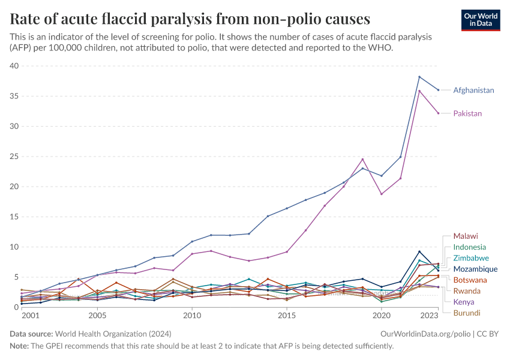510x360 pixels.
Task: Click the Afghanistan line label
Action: tap(473, 91)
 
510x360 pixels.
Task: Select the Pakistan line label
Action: tap(467, 113)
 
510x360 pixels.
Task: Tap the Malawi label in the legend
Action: tap(466, 236)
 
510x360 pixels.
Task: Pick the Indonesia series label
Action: tap(469, 247)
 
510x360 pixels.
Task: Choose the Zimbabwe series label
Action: tap(471, 258)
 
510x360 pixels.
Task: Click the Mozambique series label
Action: tap(475, 269)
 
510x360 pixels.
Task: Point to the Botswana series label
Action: tap(470, 280)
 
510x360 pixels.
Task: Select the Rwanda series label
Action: tap(467, 291)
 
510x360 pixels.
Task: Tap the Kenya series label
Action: tap(464, 302)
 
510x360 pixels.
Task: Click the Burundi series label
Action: tap(467, 313)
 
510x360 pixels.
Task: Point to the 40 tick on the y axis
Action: tap(14, 66)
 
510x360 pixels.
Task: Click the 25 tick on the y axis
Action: tap(14, 157)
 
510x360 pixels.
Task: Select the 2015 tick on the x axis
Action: tap(287, 315)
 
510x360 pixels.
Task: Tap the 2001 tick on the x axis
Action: tap(30, 315)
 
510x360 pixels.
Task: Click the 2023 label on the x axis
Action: tap(430, 315)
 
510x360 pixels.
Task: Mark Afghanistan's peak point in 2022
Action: tap(419, 77)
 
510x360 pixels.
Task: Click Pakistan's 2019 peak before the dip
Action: tap(362, 159)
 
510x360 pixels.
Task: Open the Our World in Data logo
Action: tap(481, 20)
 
